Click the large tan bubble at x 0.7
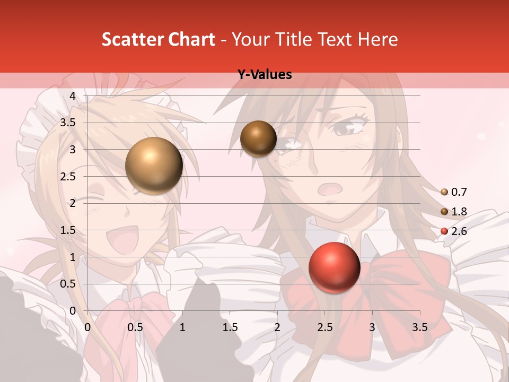154,166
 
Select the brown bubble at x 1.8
258,138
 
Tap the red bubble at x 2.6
334,267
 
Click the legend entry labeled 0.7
454,192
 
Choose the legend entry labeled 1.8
454,212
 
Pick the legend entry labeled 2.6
454,231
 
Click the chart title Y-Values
265,75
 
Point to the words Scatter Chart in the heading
158,39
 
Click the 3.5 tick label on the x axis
419,327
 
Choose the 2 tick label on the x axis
277,327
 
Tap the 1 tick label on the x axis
182,327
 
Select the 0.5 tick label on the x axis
135,327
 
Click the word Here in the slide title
378,39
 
